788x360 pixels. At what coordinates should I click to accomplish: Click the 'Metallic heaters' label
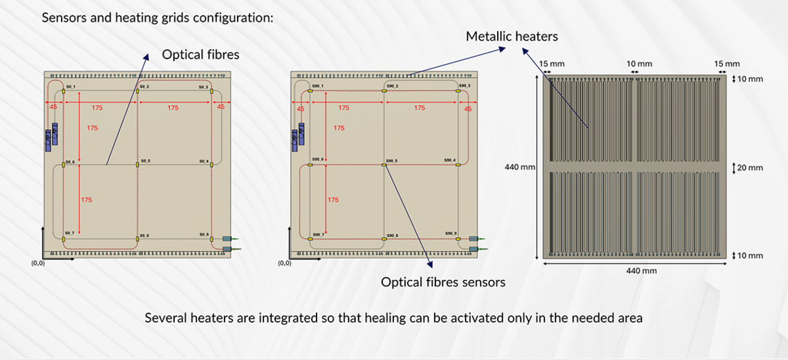[512, 36]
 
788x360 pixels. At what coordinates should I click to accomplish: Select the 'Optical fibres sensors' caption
[443, 282]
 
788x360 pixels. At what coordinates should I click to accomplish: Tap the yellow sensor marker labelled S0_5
[138, 164]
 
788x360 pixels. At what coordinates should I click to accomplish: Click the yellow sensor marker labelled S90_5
[384, 164]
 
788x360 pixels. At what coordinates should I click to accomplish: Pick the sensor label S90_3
[465, 86]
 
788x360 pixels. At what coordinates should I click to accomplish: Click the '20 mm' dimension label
[750, 168]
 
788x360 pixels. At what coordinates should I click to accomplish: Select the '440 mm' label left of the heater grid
[520, 167]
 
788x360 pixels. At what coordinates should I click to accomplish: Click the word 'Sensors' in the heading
[64, 17]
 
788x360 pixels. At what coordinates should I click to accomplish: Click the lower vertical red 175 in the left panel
[86, 200]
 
